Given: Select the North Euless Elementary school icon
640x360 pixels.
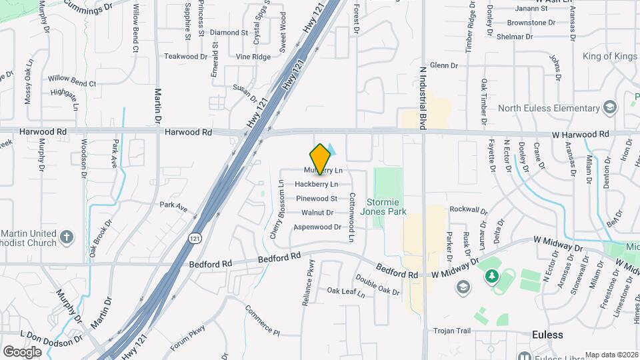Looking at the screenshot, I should [x=609, y=108].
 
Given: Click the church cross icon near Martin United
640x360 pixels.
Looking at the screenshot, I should [x=67, y=237].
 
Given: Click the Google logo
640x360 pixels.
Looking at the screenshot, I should [x=22, y=351].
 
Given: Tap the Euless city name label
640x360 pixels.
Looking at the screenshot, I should [x=547, y=335].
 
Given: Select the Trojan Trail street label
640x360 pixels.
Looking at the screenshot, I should [x=452, y=331].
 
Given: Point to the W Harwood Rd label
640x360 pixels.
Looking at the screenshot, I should [x=580, y=135].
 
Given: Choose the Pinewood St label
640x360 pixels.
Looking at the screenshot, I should [x=316, y=198].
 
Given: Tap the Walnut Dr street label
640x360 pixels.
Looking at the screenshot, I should [x=317, y=213].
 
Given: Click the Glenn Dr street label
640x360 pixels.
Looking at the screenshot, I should [x=444, y=65].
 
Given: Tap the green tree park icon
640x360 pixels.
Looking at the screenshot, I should [x=491, y=275].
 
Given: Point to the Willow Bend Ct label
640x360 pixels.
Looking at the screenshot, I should [x=73, y=83].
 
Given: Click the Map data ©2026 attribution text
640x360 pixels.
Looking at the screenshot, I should [x=611, y=355].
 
